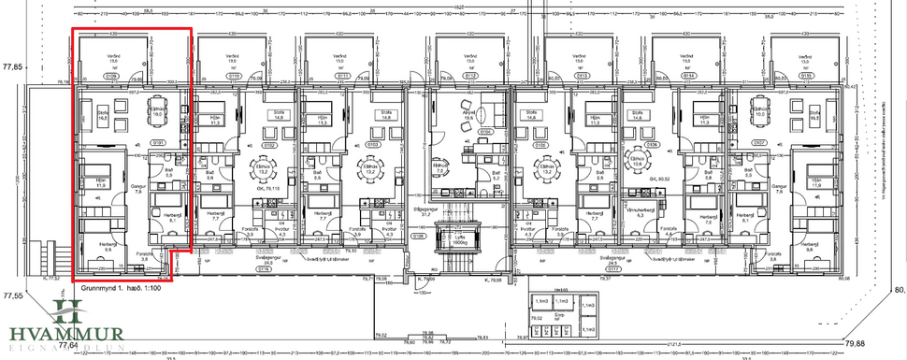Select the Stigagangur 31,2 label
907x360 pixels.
point(456,212)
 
